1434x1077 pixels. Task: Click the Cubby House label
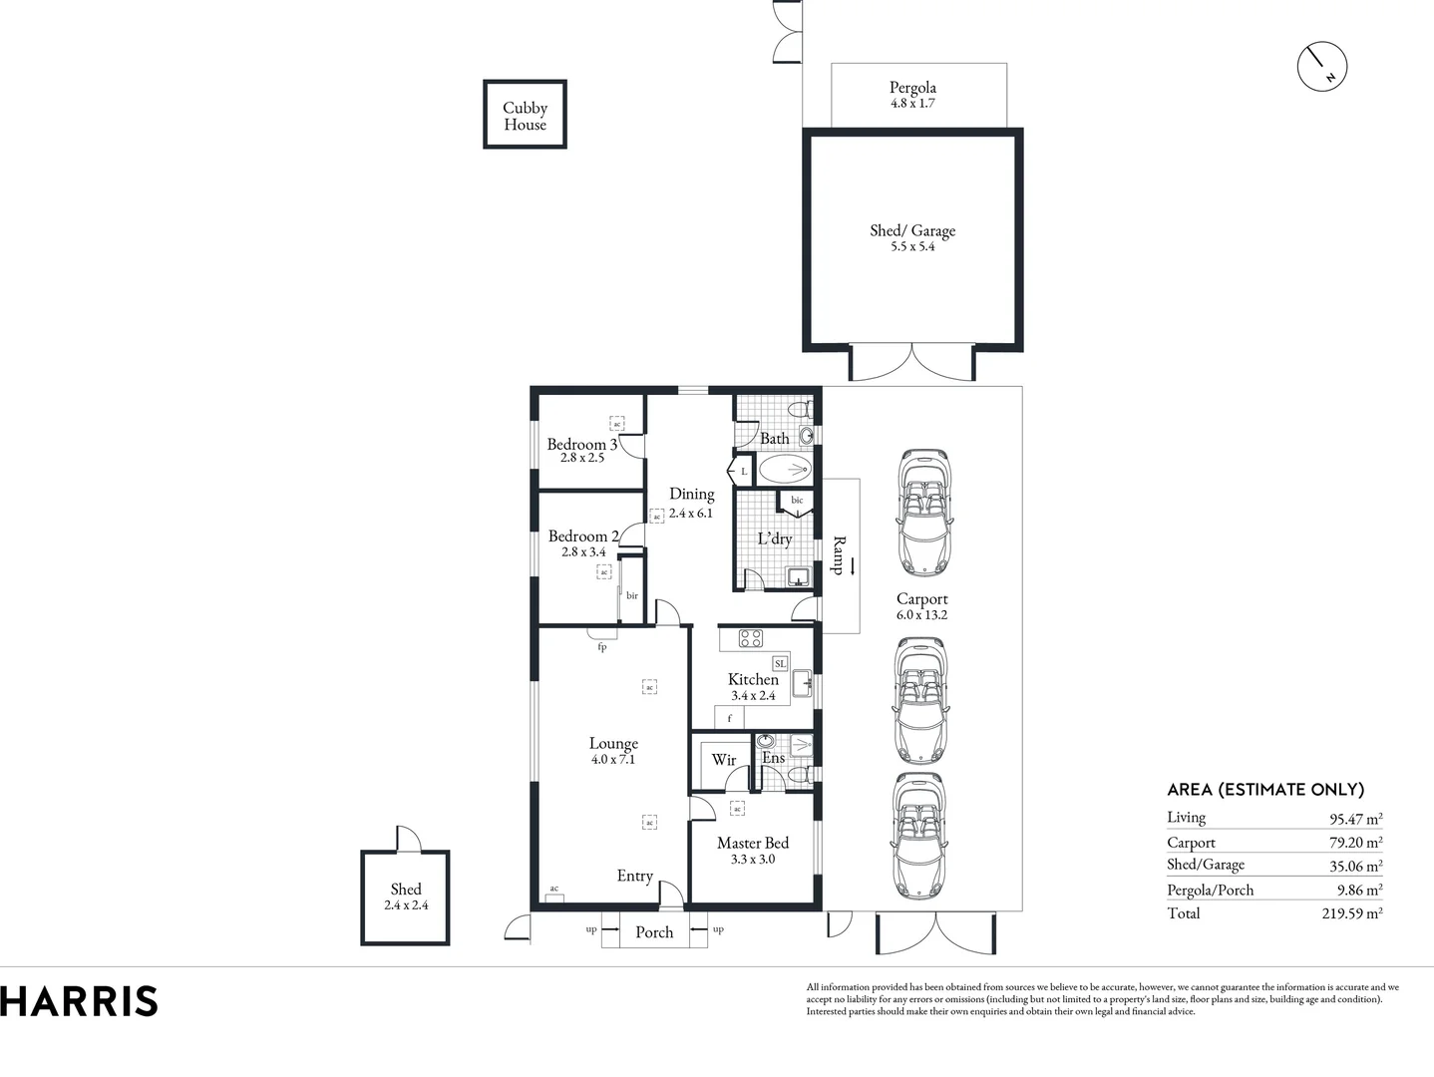(x=525, y=116)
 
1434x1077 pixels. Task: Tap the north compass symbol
(x=1322, y=67)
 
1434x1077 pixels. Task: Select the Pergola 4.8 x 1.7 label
(x=912, y=95)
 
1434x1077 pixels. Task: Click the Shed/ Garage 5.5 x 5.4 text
(x=912, y=237)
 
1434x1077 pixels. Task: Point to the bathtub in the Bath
(x=786, y=469)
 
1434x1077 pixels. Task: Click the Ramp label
(x=839, y=555)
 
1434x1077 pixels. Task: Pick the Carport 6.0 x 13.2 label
(x=921, y=606)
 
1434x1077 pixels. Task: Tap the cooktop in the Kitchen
(x=750, y=638)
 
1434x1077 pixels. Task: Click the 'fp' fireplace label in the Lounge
(x=602, y=647)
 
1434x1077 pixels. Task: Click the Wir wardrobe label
(x=724, y=760)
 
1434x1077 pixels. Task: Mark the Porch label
(x=654, y=932)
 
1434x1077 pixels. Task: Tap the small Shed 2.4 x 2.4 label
(x=406, y=897)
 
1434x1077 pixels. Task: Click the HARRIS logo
(x=80, y=1001)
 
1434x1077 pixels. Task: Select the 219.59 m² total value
(x=1351, y=913)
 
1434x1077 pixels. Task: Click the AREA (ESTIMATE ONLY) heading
(x=1265, y=790)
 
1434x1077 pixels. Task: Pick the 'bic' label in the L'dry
(x=797, y=501)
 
